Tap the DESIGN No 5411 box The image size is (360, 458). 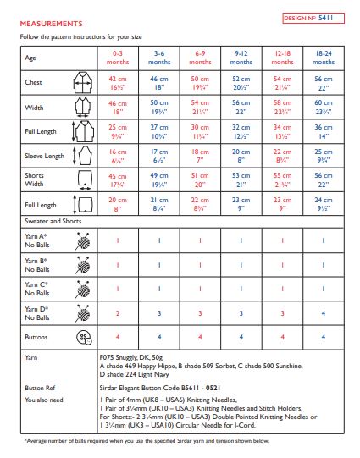[312, 17]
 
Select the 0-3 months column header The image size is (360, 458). [118, 58]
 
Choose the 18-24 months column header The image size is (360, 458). [324, 58]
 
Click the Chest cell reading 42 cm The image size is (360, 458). [118, 81]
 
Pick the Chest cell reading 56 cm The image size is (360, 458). [324, 81]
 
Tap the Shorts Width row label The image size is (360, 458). [39, 179]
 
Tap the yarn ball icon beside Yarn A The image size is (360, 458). [83, 240]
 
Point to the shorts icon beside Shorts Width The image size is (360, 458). [83, 179]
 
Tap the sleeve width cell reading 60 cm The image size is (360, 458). [324, 106]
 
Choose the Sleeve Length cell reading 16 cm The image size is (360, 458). [118, 156]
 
